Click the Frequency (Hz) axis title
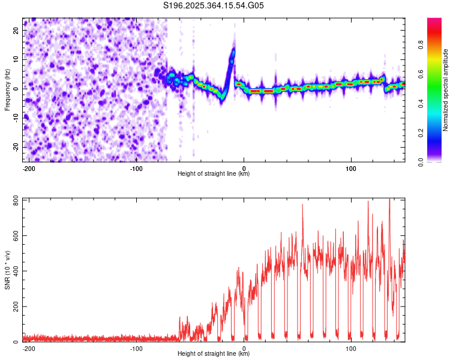point(7,90)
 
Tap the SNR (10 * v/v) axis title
point(7,270)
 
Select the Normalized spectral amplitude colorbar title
point(446,90)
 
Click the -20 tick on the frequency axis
point(16,147)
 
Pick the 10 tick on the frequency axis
point(17,59)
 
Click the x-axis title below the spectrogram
point(214,173)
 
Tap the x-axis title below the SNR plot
point(214,353)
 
